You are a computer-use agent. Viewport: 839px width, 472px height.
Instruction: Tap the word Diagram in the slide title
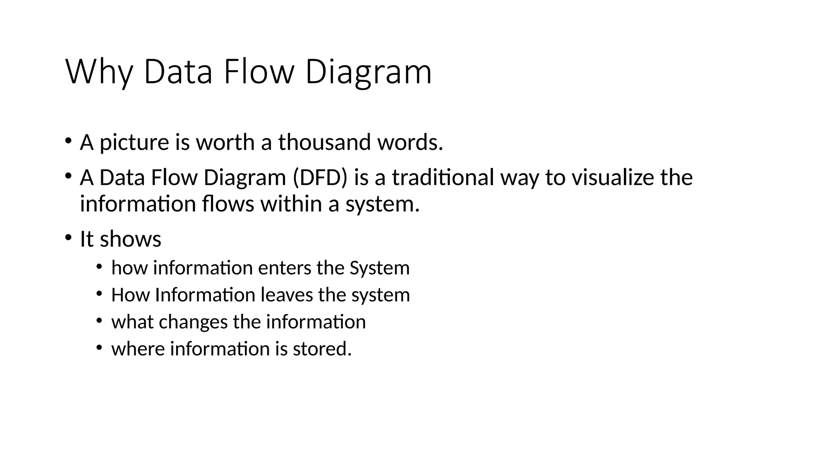[x=368, y=73]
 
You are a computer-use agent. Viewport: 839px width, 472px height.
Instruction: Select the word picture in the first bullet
[x=134, y=143]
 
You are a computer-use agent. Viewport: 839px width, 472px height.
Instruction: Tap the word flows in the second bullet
[x=228, y=204]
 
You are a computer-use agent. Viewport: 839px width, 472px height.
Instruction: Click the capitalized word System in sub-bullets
[x=379, y=268]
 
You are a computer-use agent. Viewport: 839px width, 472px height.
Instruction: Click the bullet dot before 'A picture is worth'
[x=68, y=141]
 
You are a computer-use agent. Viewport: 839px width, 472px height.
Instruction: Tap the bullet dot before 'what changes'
[x=99, y=321]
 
